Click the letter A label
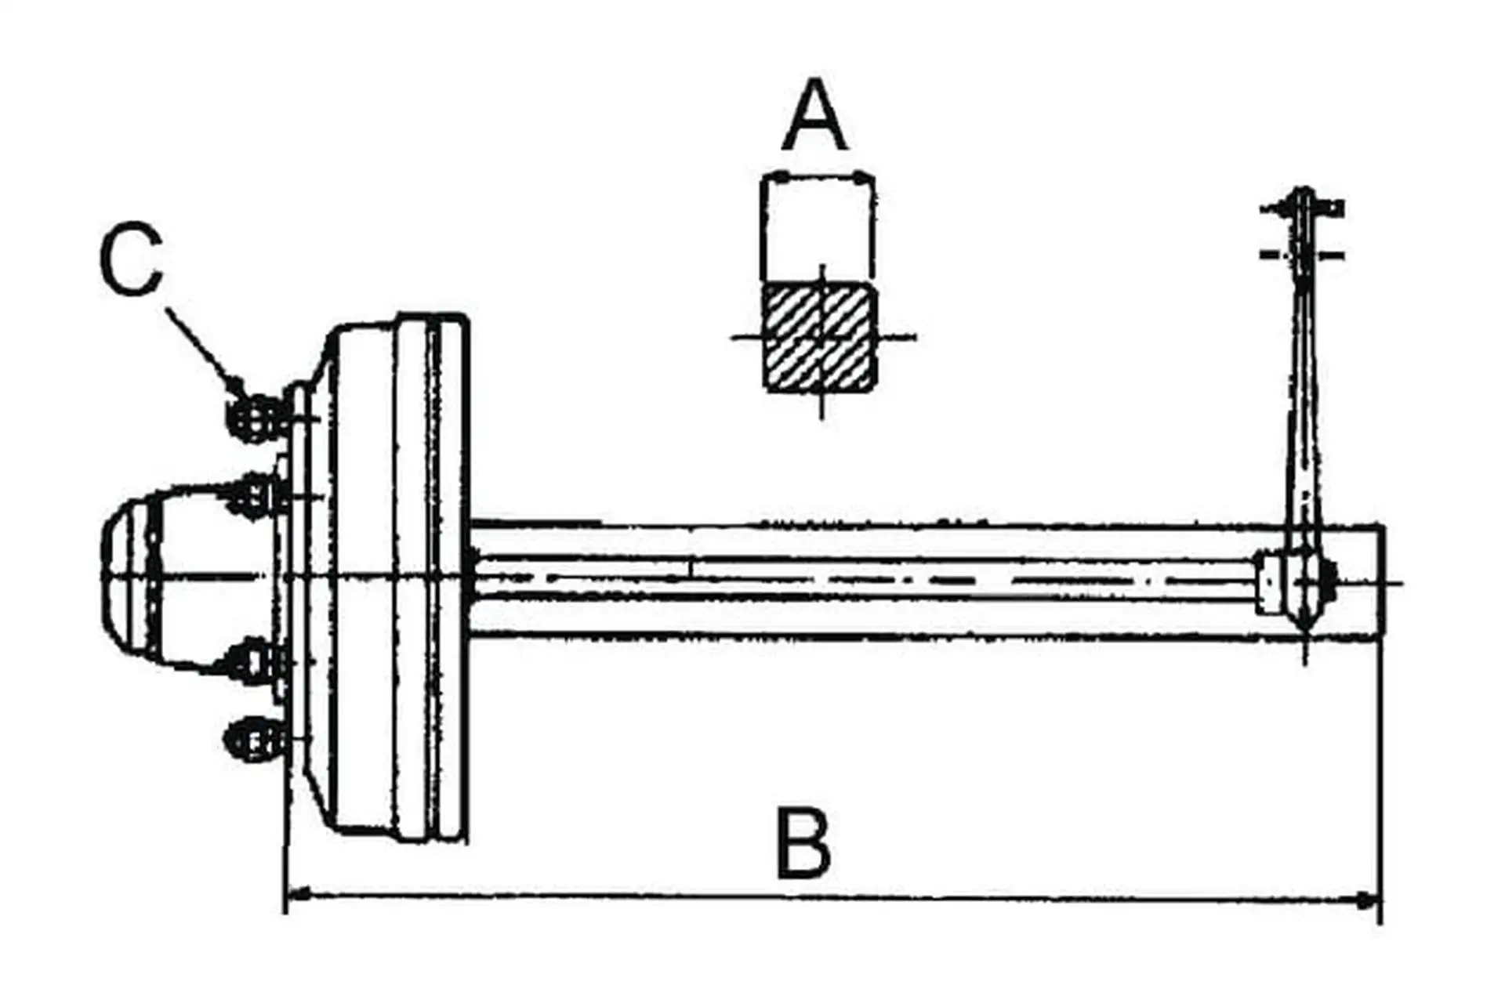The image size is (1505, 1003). point(815,115)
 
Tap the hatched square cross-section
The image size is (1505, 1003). point(819,338)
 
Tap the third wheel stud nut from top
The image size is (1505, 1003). point(255,662)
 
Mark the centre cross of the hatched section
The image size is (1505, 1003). point(821,338)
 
